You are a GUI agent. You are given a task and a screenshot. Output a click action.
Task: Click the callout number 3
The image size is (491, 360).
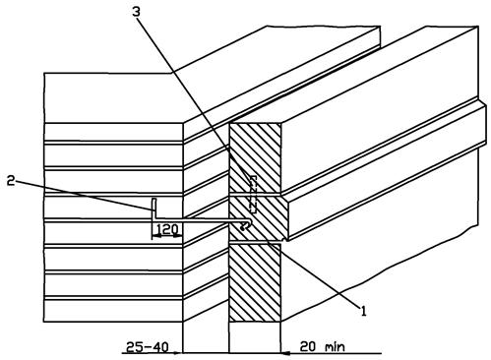coord(136,12)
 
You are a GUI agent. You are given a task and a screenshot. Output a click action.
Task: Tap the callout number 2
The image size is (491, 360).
coord(11,180)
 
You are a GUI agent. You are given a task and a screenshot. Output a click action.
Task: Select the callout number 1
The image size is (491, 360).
coord(363,311)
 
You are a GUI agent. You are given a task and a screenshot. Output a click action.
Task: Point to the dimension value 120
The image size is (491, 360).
coord(167,229)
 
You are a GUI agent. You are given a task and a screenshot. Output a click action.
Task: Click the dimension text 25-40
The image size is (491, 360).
coord(148,346)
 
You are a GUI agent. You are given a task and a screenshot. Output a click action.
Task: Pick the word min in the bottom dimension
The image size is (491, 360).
coord(335,347)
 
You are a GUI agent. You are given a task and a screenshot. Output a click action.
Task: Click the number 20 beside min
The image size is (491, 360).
coord(308,346)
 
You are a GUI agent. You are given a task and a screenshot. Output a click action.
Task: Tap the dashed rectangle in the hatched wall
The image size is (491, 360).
coord(253,194)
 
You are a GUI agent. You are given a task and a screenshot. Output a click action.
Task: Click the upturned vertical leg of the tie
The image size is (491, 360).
coord(153,208)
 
